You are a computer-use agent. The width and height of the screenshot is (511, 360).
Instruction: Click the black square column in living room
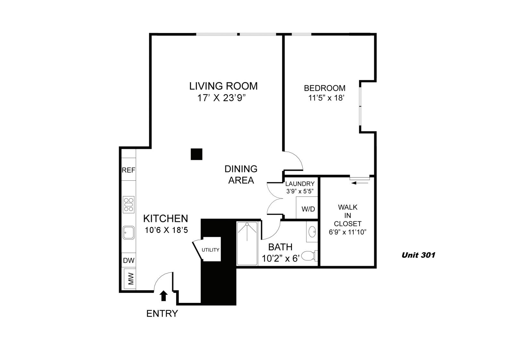(x=196, y=154)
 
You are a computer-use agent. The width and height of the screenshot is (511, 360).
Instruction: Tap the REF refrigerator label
(x=128, y=170)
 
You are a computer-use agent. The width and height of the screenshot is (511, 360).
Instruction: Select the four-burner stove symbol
(x=129, y=204)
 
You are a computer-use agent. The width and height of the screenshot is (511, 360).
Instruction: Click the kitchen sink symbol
(x=129, y=233)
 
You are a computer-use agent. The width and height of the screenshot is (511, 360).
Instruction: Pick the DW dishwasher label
(x=129, y=261)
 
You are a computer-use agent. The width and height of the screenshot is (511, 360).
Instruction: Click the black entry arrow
(x=164, y=296)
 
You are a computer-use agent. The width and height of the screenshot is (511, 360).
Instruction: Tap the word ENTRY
(x=162, y=313)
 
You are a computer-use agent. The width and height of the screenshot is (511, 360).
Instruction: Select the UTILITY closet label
(x=210, y=250)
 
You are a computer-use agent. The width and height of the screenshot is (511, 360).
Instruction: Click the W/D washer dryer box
(x=308, y=209)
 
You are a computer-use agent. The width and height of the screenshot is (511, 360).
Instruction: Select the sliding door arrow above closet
(x=360, y=183)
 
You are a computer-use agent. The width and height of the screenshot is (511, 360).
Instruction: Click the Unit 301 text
(x=418, y=255)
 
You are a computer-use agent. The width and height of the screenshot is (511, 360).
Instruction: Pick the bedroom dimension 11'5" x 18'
(x=326, y=98)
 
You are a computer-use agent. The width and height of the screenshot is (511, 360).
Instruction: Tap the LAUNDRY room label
(x=300, y=184)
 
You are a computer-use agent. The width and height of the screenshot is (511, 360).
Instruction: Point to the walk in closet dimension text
(x=347, y=232)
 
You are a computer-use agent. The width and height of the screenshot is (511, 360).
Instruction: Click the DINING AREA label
(x=241, y=175)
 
